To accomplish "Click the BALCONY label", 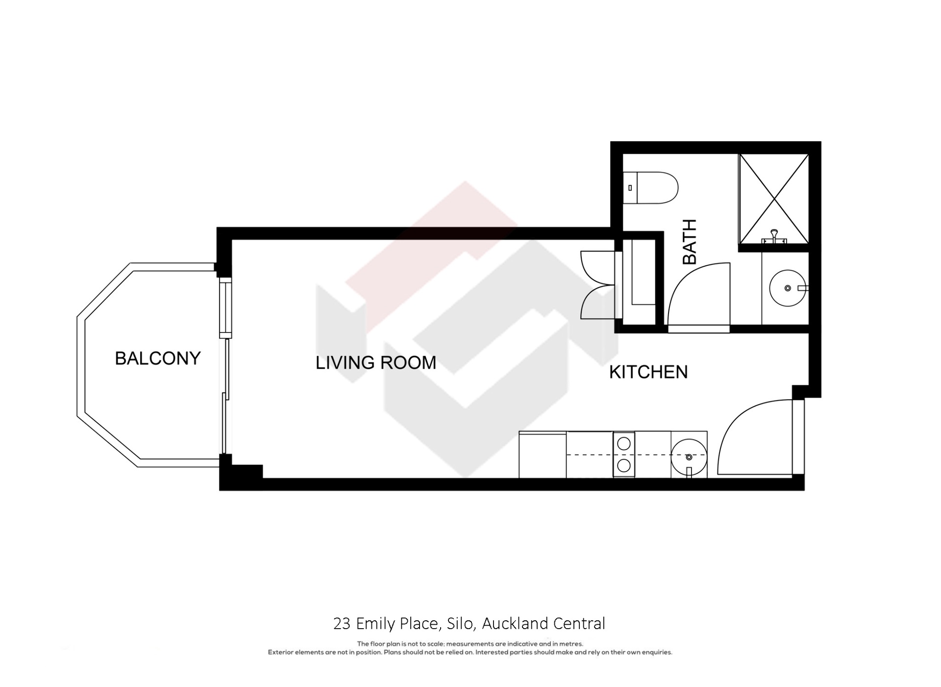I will [157, 358].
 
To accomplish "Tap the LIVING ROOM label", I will [375, 363].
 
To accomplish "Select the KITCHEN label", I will [648, 372].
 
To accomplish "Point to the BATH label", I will [690, 242].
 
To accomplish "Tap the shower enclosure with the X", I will [773, 198].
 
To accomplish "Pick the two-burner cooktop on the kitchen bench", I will [623, 455].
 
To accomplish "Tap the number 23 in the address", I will [342, 624].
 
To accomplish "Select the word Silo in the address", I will [460, 624].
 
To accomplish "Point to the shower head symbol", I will [774, 235].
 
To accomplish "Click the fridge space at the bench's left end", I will [543, 455].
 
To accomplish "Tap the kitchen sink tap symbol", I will [689, 472].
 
